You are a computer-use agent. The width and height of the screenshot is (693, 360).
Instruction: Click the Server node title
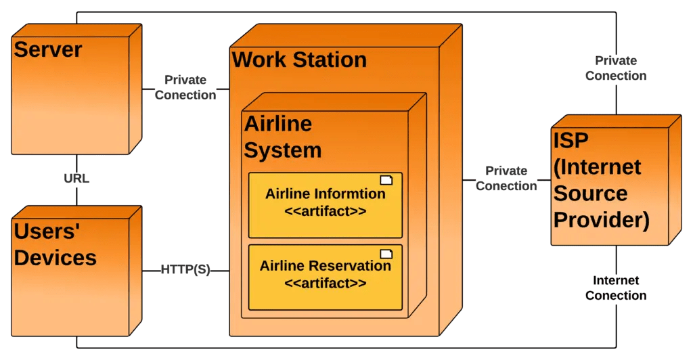point(48,50)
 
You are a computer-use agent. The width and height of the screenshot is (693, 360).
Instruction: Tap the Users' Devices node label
point(55,244)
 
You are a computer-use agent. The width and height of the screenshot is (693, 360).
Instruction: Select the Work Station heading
point(299,60)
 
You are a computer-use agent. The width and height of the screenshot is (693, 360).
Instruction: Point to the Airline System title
point(282,137)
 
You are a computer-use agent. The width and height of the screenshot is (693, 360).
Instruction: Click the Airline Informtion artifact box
point(325,205)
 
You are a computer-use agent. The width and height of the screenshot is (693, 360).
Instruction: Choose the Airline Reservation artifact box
point(325,277)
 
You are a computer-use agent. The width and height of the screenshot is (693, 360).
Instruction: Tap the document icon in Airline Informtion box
point(386,180)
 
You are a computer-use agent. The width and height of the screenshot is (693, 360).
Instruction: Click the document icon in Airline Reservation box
point(386,254)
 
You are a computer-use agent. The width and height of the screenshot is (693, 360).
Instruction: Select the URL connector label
point(76,179)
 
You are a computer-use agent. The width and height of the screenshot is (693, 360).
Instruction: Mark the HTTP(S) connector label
point(185,269)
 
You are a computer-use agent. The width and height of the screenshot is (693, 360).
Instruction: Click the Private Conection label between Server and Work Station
point(185,88)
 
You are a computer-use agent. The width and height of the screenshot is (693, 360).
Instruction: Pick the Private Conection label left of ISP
point(506,179)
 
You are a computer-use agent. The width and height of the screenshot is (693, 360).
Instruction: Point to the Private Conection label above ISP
point(616,68)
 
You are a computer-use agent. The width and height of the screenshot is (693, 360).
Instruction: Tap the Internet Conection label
point(616,288)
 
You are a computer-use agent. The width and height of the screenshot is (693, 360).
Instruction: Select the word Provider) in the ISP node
point(602,220)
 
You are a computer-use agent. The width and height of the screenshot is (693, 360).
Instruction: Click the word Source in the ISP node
point(590,193)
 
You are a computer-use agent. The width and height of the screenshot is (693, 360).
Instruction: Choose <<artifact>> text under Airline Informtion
point(326,211)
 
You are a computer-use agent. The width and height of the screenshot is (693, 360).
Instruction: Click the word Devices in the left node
point(55,257)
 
